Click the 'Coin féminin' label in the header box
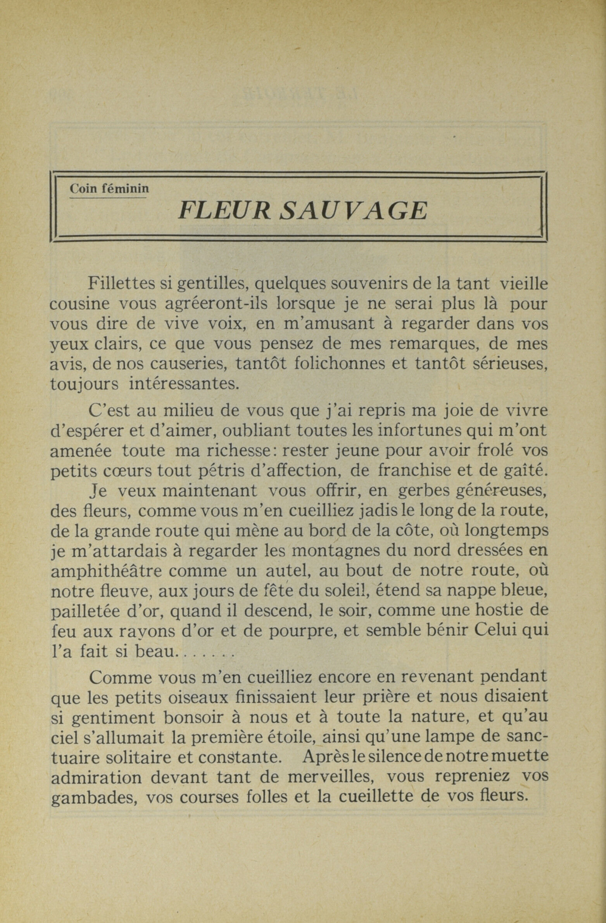click(109, 188)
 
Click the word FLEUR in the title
click(224, 211)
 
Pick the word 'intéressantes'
click(182, 384)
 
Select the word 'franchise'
click(415, 470)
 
